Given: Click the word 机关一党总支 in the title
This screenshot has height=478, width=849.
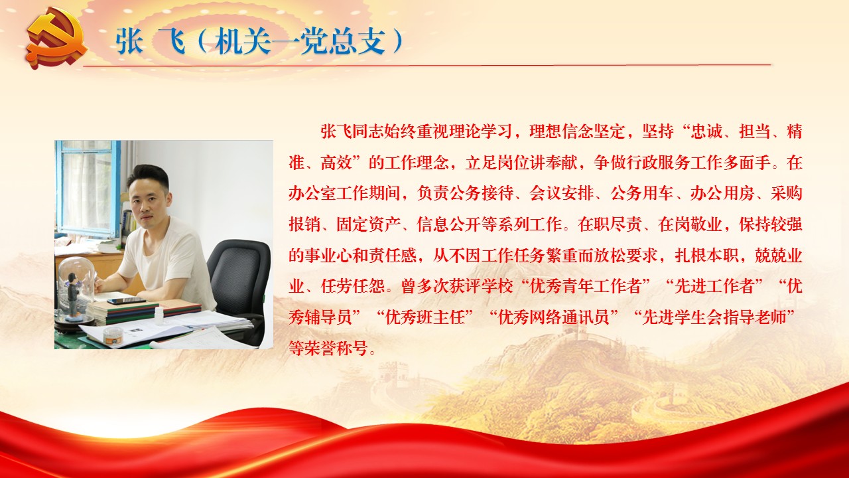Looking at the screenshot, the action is click(x=300, y=41).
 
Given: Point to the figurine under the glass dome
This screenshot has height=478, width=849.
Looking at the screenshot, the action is click(x=73, y=291).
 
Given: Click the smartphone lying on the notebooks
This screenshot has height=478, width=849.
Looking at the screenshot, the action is click(x=126, y=301).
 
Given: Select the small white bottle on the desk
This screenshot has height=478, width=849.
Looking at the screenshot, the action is click(x=159, y=315).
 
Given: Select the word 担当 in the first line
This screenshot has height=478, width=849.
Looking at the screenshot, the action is click(x=755, y=131).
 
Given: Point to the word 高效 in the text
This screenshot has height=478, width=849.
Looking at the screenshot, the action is click(x=336, y=163).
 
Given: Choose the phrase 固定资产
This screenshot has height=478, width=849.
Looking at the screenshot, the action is click(x=368, y=224).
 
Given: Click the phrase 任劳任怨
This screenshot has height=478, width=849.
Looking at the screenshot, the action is click(x=352, y=286).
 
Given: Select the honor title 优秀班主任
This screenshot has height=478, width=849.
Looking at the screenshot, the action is click(x=425, y=317).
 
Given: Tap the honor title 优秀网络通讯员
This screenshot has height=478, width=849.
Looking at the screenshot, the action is click(x=554, y=317).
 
